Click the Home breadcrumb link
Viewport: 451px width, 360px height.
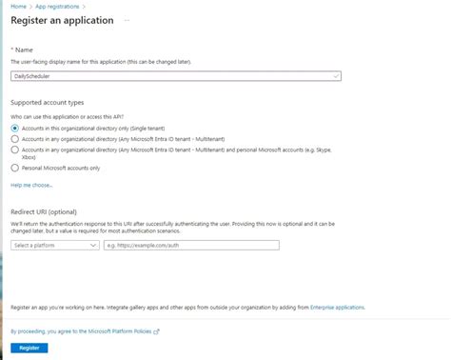pyautogui.click(x=17, y=7)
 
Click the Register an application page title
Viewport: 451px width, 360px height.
pyautogui.click(x=62, y=20)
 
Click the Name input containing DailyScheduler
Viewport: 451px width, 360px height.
pyautogui.click(x=171, y=75)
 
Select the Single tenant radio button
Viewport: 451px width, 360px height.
pyautogui.click(x=14, y=127)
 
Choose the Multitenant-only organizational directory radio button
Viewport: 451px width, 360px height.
pyautogui.click(x=14, y=137)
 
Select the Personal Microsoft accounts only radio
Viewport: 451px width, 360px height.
pyautogui.click(x=14, y=169)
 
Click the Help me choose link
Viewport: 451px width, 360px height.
pyautogui.click(x=31, y=185)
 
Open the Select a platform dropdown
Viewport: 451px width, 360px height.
pyautogui.click(x=55, y=245)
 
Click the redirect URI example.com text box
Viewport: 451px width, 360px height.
pyautogui.click(x=190, y=245)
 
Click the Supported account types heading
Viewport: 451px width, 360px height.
pyautogui.click(x=47, y=101)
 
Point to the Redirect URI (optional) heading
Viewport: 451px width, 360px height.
pyautogui.click(x=44, y=210)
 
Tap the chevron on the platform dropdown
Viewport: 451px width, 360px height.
pyautogui.click(x=93, y=245)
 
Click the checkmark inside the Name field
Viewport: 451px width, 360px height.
pyautogui.click(x=338, y=75)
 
